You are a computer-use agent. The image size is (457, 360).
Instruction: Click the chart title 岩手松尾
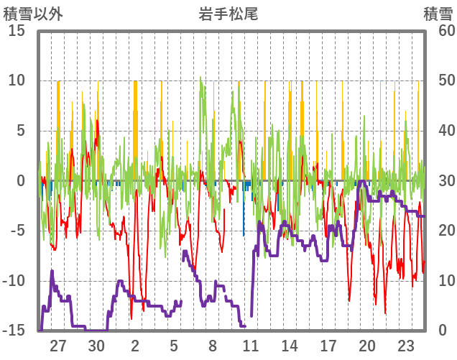pyautogui.click(x=228, y=13)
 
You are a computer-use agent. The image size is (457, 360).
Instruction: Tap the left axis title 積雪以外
pyautogui.click(x=29, y=13)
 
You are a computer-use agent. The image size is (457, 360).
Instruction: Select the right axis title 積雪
pyautogui.click(x=438, y=13)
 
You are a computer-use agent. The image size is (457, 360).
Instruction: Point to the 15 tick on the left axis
pyautogui.click(x=18, y=31)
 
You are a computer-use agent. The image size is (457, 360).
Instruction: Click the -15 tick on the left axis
pyautogui.click(x=15, y=331)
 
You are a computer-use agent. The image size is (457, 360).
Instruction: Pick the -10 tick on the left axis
pyautogui.click(x=15, y=281)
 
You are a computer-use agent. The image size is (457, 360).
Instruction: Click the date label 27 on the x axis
pyautogui.click(x=58, y=344)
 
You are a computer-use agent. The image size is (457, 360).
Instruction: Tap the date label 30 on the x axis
pyautogui.click(x=97, y=344)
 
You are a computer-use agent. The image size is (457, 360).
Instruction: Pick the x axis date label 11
pyautogui.click(x=251, y=344)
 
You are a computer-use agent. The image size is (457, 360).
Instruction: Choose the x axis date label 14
pyautogui.click(x=290, y=344)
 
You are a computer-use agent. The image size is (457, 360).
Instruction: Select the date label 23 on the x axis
pyautogui.click(x=405, y=344)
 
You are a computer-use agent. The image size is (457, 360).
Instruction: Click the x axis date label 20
pyautogui.click(x=366, y=344)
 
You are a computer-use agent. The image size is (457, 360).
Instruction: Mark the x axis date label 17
pyautogui.click(x=328, y=344)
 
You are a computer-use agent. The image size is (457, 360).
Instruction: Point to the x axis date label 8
pyautogui.click(x=213, y=344)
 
